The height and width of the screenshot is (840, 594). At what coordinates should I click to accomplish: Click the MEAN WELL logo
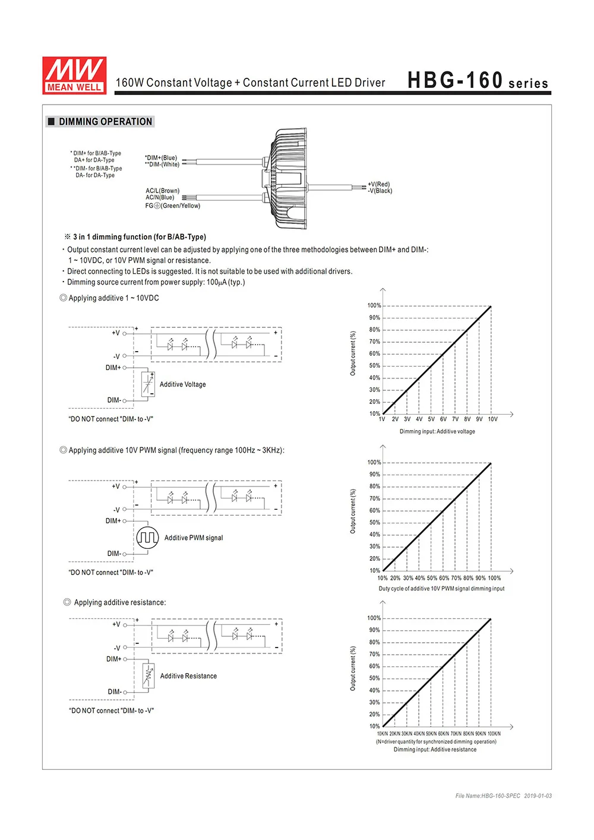point(74,75)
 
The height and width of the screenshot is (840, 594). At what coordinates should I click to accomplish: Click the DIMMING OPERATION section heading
point(105,122)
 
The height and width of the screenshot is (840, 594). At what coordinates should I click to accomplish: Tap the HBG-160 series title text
point(478,81)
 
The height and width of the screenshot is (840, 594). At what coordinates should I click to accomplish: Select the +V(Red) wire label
point(379,184)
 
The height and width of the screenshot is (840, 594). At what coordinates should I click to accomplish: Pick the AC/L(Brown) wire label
point(162,191)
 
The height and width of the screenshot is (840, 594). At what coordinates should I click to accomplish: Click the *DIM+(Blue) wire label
point(161,158)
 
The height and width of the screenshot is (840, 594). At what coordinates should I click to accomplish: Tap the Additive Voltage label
point(182,384)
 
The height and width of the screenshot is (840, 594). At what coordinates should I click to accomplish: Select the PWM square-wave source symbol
point(147,538)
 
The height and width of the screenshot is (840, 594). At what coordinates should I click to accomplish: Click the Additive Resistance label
point(188,676)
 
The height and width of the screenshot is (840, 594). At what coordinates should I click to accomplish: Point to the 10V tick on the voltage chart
point(492,419)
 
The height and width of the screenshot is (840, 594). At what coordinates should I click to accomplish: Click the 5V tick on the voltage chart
point(431,419)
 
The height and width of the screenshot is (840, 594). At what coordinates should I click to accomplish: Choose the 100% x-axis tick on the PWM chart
point(494,578)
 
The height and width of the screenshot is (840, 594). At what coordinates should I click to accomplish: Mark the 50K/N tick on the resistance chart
point(431,734)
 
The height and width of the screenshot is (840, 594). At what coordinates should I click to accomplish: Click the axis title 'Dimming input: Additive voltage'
point(437,431)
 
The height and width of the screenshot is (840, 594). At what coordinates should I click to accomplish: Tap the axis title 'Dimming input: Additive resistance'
point(435,750)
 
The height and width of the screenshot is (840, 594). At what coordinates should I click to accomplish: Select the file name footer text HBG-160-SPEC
point(488,796)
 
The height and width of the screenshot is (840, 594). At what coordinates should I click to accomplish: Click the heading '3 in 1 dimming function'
point(140,237)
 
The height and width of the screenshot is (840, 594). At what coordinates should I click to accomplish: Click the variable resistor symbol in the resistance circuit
point(148,676)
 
